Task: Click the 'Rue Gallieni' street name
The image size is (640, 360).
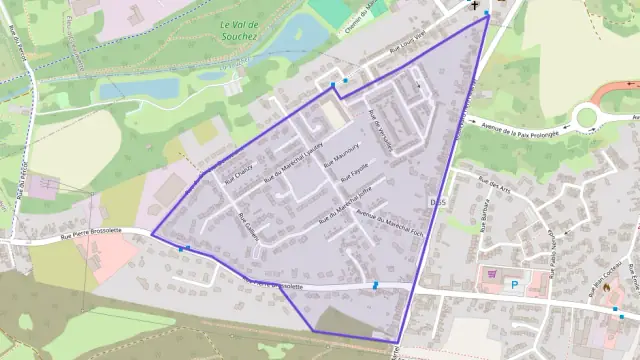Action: click(248, 226)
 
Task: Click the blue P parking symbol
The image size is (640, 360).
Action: click(515, 285)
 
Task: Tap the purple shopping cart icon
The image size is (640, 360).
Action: click(492, 272)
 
